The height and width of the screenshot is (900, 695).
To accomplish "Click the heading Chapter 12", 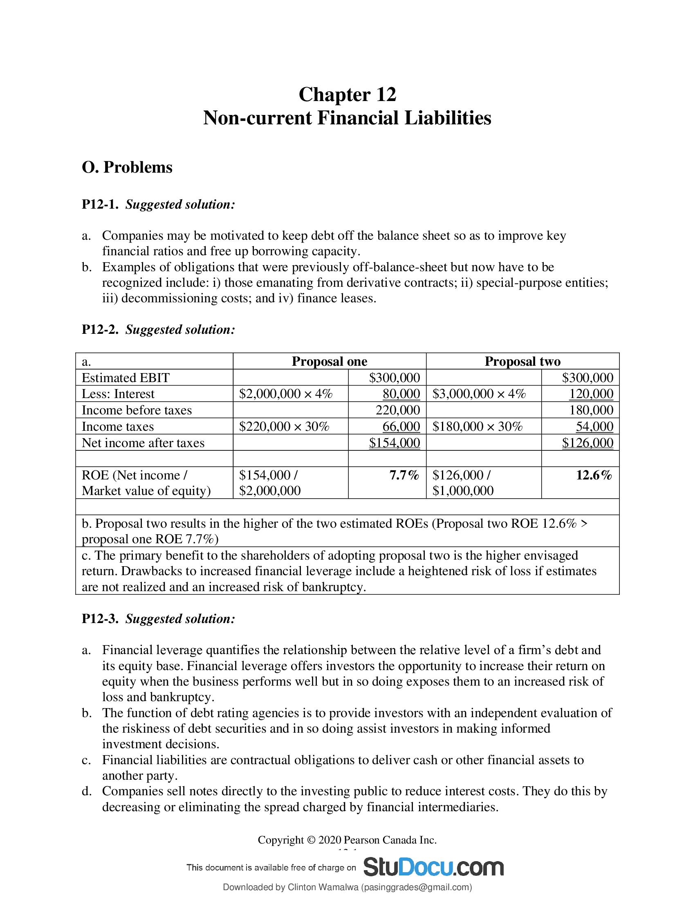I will (x=347, y=94).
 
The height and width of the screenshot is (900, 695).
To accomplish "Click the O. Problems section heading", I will (x=127, y=167).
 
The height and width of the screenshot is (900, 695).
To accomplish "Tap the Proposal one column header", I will (x=329, y=361).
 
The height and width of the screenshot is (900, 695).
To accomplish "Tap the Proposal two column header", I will (x=522, y=361).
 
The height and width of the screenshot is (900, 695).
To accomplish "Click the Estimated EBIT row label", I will (x=126, y=378).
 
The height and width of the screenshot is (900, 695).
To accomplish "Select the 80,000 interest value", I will (x=401, y=394).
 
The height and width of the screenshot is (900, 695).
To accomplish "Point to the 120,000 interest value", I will (x=591, y=394).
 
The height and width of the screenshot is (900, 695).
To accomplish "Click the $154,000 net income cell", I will (x=395, y=443).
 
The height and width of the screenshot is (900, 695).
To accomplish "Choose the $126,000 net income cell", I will (x=587, y=443).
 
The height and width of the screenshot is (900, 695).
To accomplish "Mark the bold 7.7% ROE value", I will (x=404, y=475).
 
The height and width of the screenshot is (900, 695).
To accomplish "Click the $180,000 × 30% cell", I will (x=477, y=427).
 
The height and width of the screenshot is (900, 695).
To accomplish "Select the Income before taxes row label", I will (x=137, y=410).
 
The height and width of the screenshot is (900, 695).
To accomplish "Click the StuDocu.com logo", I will (x=433, y=867).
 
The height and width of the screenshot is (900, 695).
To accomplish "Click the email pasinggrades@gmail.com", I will (x=416, y=887).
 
